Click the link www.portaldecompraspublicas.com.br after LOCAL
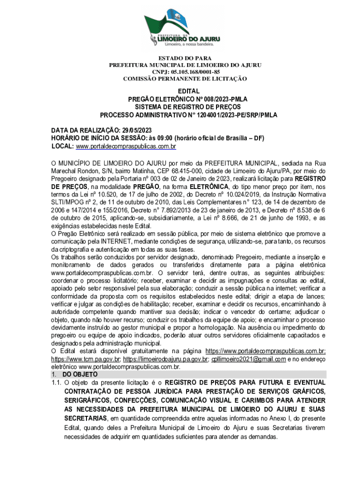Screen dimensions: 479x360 (126, 147)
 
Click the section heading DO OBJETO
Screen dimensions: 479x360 (80, 375)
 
